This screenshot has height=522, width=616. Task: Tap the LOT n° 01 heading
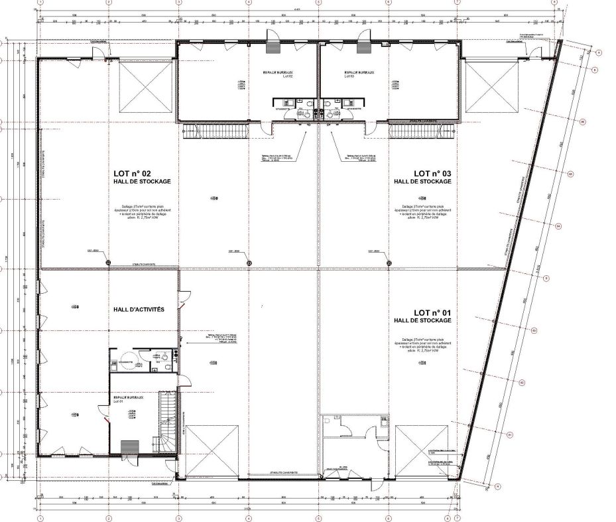(x=432, y=312)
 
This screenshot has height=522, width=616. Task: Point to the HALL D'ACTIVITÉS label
(x=139, y=309)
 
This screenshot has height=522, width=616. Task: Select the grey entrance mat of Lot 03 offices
(x=363, y=46)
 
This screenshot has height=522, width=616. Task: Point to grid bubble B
(x=595, y=69)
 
